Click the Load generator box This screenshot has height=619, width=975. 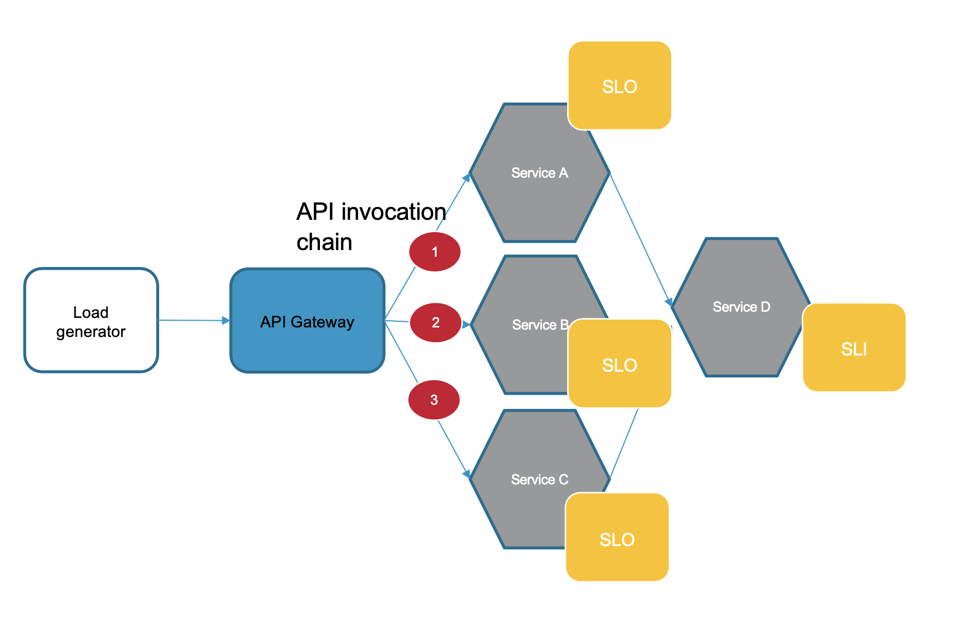[x=91, y=320]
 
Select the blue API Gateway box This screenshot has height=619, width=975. [x=307, y=321]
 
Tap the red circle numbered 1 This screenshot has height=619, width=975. [x=435, y=252]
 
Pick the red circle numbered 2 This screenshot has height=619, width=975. [x=435, y=322]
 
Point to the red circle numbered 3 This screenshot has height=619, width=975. [x=434, y=400]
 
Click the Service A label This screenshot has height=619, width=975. [x=540, y=173]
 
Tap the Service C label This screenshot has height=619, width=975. [x=540, y=479]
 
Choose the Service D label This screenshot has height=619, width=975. [x=741, y=307]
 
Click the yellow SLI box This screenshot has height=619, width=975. [x=854, y=348]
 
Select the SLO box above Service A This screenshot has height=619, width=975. [x=620, y=86]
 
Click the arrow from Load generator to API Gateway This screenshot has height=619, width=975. [x=193, y=321]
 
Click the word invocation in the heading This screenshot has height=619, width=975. [x=393, y=212]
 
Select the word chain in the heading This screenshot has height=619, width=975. [x=324, y=242]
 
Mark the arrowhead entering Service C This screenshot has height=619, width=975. [x=466, y=474]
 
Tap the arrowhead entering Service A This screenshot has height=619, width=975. [x=466, y=178]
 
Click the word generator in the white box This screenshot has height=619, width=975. [x=91, y=332]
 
